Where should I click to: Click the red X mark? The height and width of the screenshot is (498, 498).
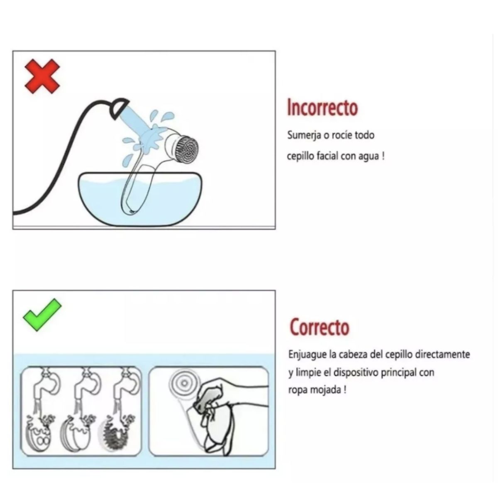[x=42, y=76]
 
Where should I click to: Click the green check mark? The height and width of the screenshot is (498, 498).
[x=42, y=315]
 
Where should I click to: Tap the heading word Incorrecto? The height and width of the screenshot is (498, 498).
[x=322, y=107]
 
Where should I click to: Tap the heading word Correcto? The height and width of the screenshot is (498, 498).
[x=320, y=327]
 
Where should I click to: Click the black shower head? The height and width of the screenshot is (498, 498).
[x=119, y=108]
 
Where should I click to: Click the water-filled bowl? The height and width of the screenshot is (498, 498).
[x=140, y=199]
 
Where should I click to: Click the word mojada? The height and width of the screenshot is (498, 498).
[x=325, y=390]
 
